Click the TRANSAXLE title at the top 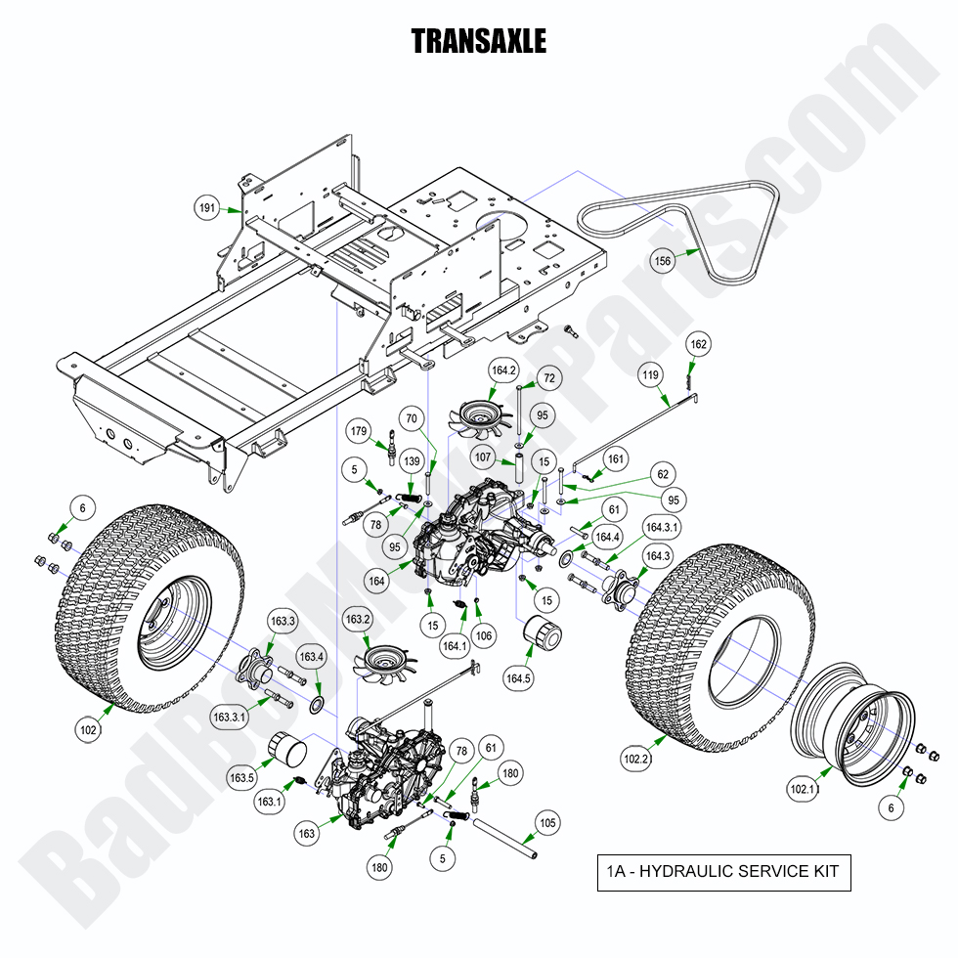[x=478, y=41]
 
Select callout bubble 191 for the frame [x=207, y=208]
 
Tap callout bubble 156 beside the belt [x=664, y=260]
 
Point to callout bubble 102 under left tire [x=88, y=728]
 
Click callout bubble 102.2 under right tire [x=635, y=757]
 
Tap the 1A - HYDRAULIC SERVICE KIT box [x=723, y=872]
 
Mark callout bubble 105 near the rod [x=548, y=823]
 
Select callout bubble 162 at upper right [x=698, y=344]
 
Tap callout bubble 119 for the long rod [x=651, y=374]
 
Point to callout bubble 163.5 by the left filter [x=241, y=778]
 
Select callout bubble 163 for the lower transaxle [x=307, y=834]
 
